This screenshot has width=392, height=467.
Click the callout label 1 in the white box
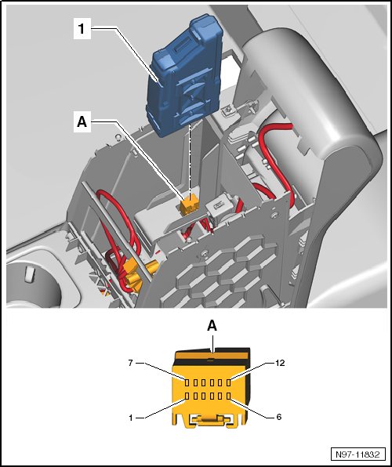coord(82,28)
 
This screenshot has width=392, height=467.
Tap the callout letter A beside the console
coord(82,121)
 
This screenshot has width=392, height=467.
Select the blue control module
coord(186,77)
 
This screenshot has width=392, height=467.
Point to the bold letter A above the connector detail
coord(212,326)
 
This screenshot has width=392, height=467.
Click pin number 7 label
coord(130,363)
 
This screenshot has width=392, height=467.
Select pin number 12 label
coord(280,363)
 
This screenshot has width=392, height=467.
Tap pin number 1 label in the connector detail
coord(131,418)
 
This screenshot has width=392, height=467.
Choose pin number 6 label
coord(279,417)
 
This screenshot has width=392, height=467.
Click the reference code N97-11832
coord(358,454)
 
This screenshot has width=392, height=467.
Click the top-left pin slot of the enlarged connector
coord(187,382)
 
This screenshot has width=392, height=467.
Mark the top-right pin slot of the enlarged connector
coord(229,382)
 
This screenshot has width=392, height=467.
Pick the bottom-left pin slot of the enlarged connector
coord(187,396)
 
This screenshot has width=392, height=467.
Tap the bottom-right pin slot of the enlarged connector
coord(229,396)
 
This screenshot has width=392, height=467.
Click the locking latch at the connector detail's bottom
coord(211,420)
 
